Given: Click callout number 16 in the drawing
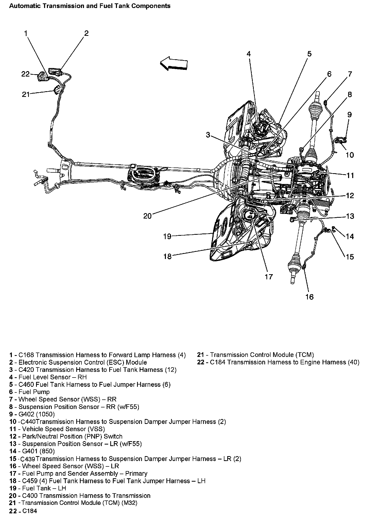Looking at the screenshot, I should pos(309,297).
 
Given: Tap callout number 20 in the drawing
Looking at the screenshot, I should pos(147,216).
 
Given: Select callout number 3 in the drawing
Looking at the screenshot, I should pos(208,135).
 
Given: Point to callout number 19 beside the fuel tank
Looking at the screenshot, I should pos(167,236).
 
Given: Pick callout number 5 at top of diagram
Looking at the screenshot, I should pos(309,54).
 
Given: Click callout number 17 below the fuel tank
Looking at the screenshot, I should pos(268,277).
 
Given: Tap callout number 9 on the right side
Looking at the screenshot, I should pos(349,114).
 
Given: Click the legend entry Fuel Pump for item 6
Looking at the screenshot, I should pos(34,392).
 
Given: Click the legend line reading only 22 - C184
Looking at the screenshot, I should pos(23,511).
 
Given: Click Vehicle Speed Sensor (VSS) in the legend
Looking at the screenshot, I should pos(63,429).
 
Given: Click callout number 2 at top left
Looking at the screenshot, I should pos(86,33).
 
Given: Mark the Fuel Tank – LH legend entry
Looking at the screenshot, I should pos(44,488).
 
